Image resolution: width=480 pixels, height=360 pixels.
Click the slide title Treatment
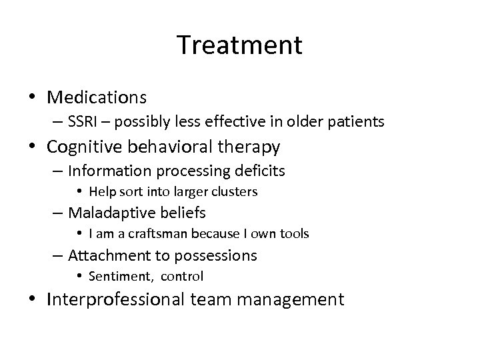point(240,45)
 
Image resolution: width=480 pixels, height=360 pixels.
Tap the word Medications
point(97,97)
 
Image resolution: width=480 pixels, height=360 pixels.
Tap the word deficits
point(261,171)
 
